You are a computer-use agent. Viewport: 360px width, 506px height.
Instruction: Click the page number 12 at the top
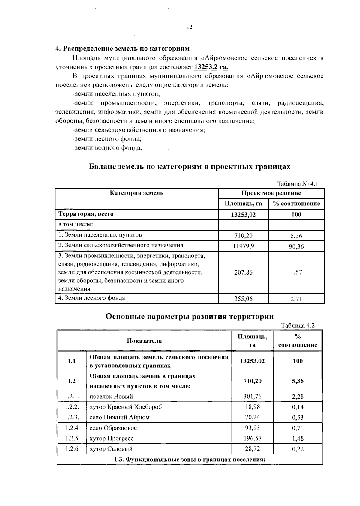(x=189, y=27)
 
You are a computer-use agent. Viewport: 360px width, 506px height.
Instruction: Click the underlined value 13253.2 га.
(x=211, y=67)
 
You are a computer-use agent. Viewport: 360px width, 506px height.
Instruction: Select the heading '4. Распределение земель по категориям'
(x=122, y=49)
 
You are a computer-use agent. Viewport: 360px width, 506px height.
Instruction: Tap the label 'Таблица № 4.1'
(x=297, y=184)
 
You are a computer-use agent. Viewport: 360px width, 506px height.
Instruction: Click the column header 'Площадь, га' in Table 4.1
(x=243, y=204)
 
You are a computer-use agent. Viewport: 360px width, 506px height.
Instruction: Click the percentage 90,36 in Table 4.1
(x=296, y=246)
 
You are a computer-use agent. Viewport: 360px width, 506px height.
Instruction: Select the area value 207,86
(x=243, y=272)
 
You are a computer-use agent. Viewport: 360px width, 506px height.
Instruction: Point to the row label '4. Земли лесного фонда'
(x=91, y=298)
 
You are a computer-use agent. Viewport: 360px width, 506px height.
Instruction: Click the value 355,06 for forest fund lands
(x=243, y=299)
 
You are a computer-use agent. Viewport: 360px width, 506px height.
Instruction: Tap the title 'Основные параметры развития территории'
(x=190, y=316)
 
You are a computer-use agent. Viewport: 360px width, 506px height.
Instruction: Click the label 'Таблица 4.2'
(x=298, y=326)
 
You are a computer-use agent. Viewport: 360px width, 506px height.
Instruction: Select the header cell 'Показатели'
(x=144, y=341)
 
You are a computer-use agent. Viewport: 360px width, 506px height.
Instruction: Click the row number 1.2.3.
(x=72, y=417)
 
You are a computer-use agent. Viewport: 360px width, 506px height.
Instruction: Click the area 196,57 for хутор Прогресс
(x=252, y=438)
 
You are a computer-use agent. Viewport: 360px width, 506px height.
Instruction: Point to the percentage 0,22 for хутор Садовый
(x=298, y=449)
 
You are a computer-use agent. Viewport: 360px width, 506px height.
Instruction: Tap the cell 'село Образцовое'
(x=113, y=428)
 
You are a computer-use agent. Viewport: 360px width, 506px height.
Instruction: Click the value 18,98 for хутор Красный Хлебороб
(x=252, y=407)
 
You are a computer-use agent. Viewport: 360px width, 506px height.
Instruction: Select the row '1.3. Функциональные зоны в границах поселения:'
(x=190, y=460)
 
